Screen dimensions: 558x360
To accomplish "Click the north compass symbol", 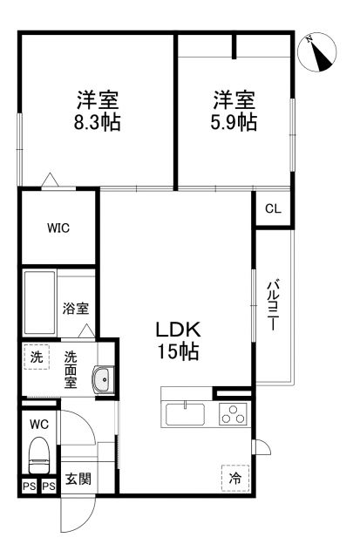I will point(320,54).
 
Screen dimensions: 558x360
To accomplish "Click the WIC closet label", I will point(58,228).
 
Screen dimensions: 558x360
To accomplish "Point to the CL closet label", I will point(273,209).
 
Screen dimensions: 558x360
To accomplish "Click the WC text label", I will point(38,425).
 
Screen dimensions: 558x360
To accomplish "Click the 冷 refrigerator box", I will point(234,478).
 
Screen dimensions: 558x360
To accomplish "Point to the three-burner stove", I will point(233,415).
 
